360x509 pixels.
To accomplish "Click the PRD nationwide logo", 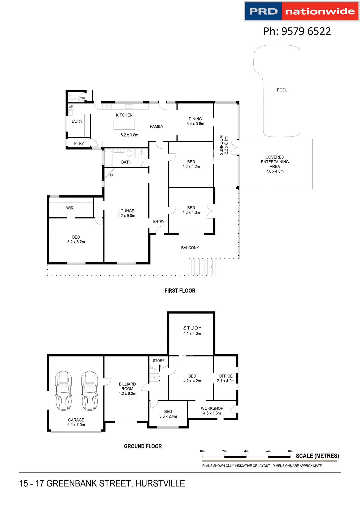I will pos(302,11).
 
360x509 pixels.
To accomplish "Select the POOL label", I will pos(282,90).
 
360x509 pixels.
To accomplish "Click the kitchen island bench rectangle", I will pos(124,125).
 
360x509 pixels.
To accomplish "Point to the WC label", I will pos(83,98).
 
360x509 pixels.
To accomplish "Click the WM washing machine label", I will pos(71,107).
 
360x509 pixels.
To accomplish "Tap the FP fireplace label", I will pos(112,175).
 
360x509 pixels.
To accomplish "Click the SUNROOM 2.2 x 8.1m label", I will pos(224,145).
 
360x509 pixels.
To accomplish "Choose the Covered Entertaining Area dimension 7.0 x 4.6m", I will pos(275,172).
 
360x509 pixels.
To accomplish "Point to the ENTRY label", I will pos(159,222).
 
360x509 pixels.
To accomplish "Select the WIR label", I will pos(70,208).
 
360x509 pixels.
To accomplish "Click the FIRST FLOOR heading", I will pos(180,291).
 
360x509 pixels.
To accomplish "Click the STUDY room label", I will pos(192,328).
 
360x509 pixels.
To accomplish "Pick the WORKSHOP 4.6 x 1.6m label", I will pos(212,411).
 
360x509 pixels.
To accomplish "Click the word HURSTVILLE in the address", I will pos(160,484).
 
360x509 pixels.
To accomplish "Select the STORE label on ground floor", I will pos(159,361).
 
